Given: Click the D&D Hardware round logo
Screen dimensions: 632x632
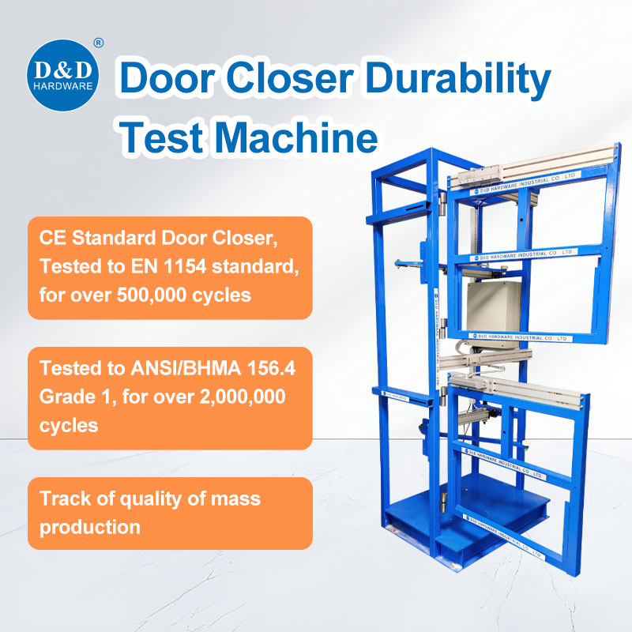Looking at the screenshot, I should (62, 73).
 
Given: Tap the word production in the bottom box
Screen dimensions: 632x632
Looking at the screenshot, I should (90, 526).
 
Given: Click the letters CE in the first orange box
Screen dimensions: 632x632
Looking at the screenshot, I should (52, 235).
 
